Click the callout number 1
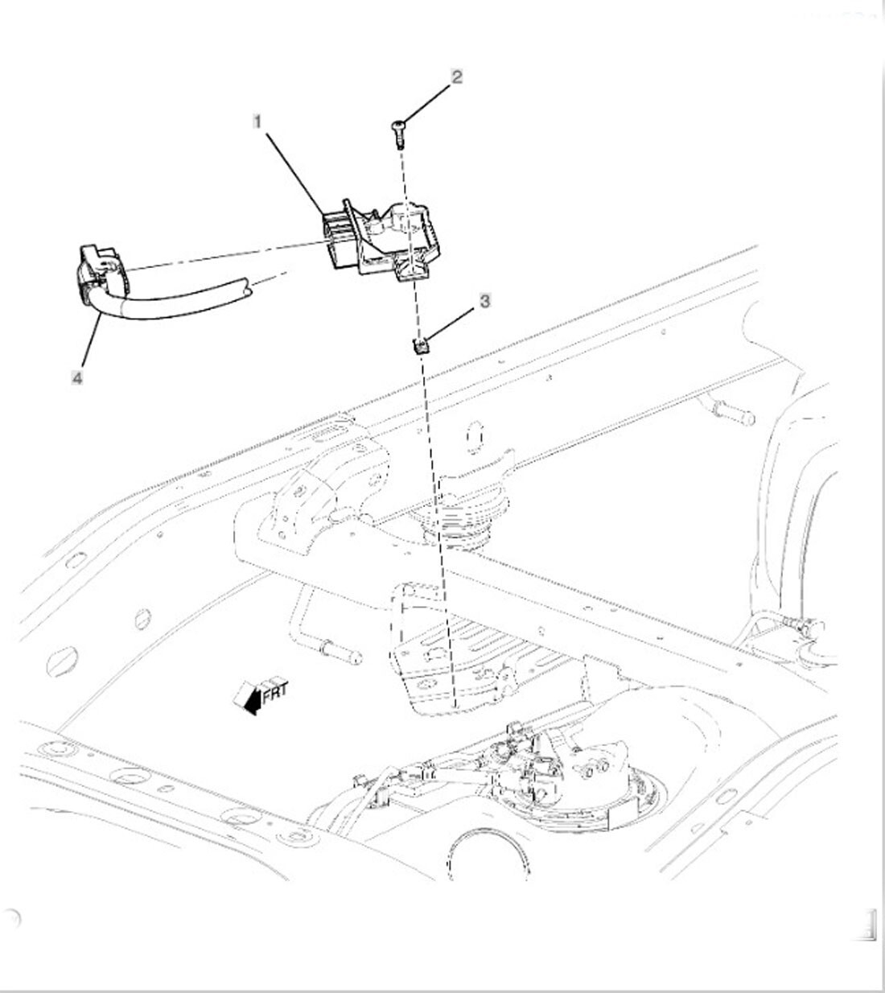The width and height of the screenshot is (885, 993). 257,122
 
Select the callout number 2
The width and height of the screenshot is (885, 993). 456,77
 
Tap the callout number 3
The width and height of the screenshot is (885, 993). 484,301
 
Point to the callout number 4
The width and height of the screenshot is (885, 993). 77,378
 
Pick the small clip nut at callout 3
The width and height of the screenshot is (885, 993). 420,347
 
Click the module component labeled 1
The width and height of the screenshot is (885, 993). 381,240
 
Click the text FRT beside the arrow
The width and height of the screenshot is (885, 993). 275,692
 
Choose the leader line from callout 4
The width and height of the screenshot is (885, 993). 91,340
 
